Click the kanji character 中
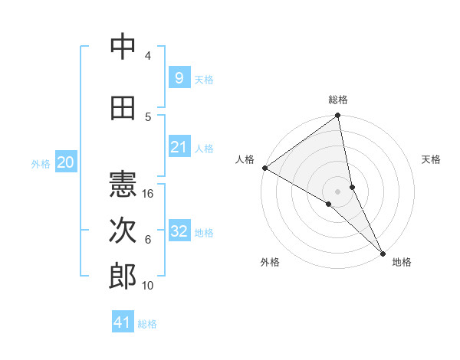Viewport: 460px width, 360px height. point(123,47)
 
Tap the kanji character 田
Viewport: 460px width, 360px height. point(123,108)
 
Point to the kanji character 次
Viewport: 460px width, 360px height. point(123,231)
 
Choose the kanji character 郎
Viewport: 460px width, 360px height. point(123,277)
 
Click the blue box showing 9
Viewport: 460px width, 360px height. point(179,77)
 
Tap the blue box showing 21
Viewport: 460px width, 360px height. point(179,147)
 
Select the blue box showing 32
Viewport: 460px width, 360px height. point(179,231)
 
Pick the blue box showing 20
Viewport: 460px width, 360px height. point(65,162)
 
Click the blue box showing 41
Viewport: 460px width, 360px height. point(123,322)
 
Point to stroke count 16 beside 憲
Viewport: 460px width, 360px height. point(149,194)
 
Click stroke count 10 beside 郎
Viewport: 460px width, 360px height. point(149,285)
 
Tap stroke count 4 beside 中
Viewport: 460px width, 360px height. point(148,56)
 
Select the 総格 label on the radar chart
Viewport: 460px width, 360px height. point(338,100)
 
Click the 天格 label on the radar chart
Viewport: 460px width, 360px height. point(431,159)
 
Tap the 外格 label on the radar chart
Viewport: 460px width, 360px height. point(269,262)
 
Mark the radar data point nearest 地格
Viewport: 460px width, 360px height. point(383,252)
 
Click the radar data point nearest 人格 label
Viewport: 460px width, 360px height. point(264,168)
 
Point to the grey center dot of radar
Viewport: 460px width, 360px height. point(337,191)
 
